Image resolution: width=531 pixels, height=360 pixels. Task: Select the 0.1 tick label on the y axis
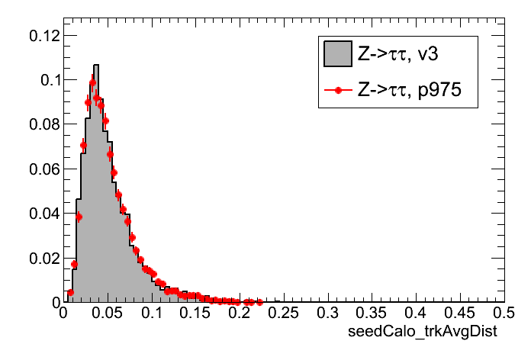47,79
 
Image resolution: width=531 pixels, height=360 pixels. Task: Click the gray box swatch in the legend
336,53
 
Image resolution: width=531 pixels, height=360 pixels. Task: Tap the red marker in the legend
336,90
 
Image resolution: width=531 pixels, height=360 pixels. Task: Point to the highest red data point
92,82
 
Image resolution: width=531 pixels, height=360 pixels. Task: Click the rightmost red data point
259,302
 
